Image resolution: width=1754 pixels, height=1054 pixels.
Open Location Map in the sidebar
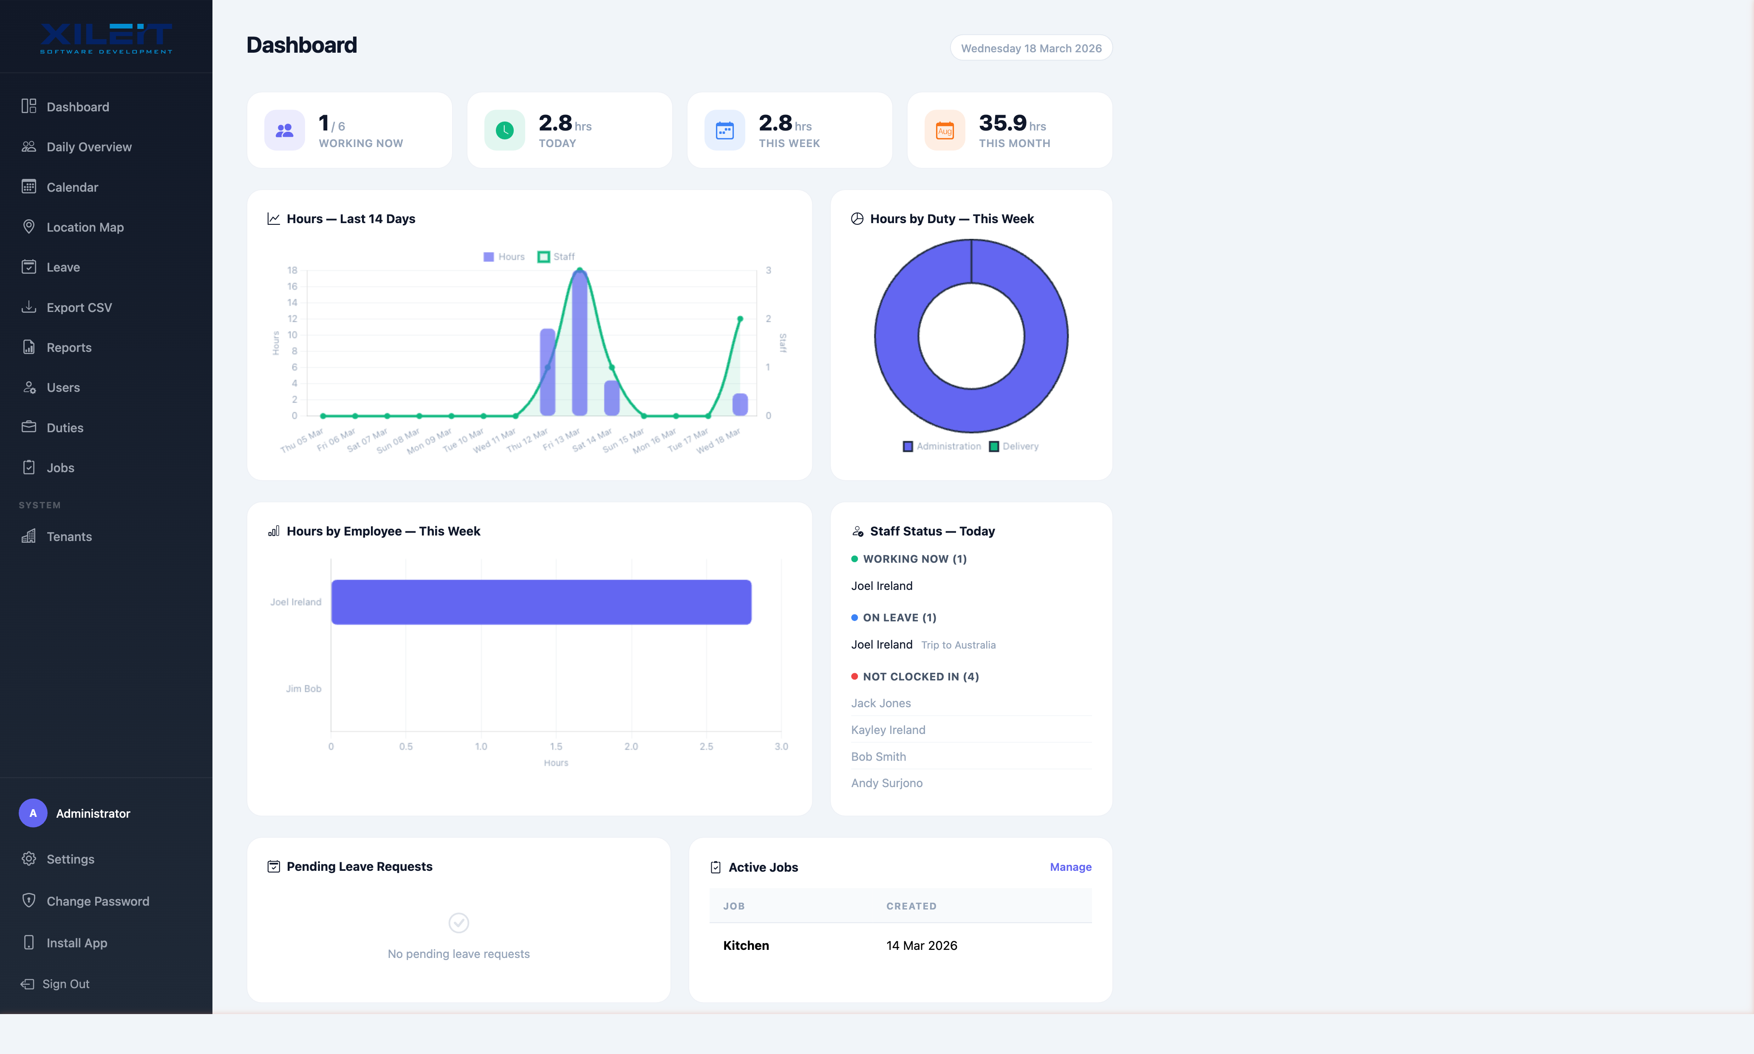[x=85, y=227]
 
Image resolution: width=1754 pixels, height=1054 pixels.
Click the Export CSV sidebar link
[x=79, y=308]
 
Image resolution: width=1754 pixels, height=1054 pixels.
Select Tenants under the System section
[x=69, y=536]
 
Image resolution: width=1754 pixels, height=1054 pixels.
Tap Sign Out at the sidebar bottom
[x=65, y=984]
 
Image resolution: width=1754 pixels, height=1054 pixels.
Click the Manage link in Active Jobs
[x=1070, y=867]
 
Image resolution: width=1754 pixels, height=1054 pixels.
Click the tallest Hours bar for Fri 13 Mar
[x=580, y=345]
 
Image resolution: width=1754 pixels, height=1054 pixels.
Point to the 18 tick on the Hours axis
[x=292, y=270]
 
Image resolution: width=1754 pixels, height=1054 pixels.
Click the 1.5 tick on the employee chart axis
[x=556, y=746]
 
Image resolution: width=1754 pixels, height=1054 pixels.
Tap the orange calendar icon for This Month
[x=945, y=130]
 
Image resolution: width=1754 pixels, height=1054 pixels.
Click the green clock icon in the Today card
[x=504, y=130]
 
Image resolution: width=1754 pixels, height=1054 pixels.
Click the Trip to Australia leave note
[x=958, y=645]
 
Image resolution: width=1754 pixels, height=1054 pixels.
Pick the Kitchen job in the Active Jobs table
[x=746, y=945]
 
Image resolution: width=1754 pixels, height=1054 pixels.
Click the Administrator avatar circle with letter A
[x=33, y=813]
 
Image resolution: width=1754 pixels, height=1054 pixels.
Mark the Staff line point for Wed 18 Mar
[x=740, y=319]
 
